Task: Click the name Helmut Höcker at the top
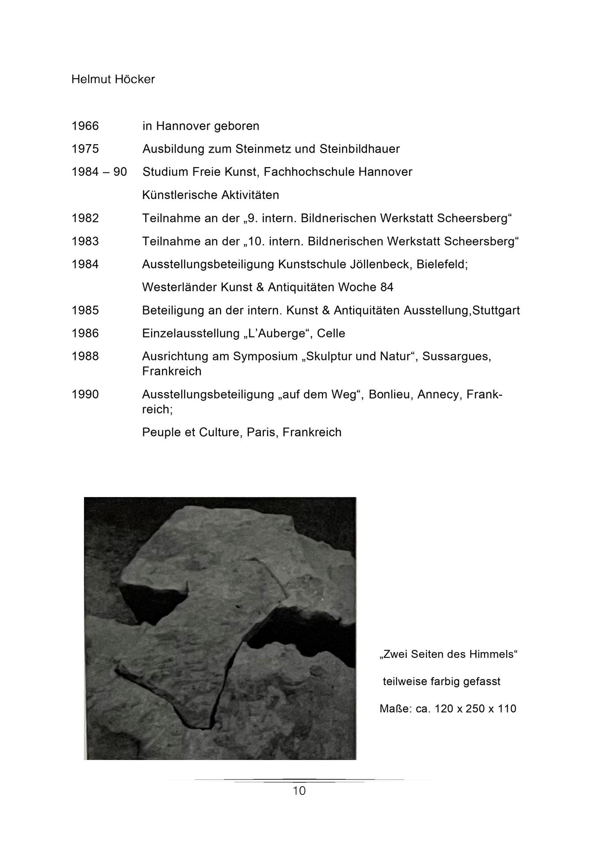coord(113,79)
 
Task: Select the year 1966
coord(85,126)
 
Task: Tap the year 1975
coord(85,149)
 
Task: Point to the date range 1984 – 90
coord(99,172)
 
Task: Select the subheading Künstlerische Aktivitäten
coord(210,195)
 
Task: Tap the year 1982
coord(85,218)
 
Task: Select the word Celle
coord(331,334)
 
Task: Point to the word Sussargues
coord(456,356)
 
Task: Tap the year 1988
coord(85,356)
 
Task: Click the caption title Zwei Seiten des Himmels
coord(448,654)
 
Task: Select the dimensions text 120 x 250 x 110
coord(475,709)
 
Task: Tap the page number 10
coord(299,791)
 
